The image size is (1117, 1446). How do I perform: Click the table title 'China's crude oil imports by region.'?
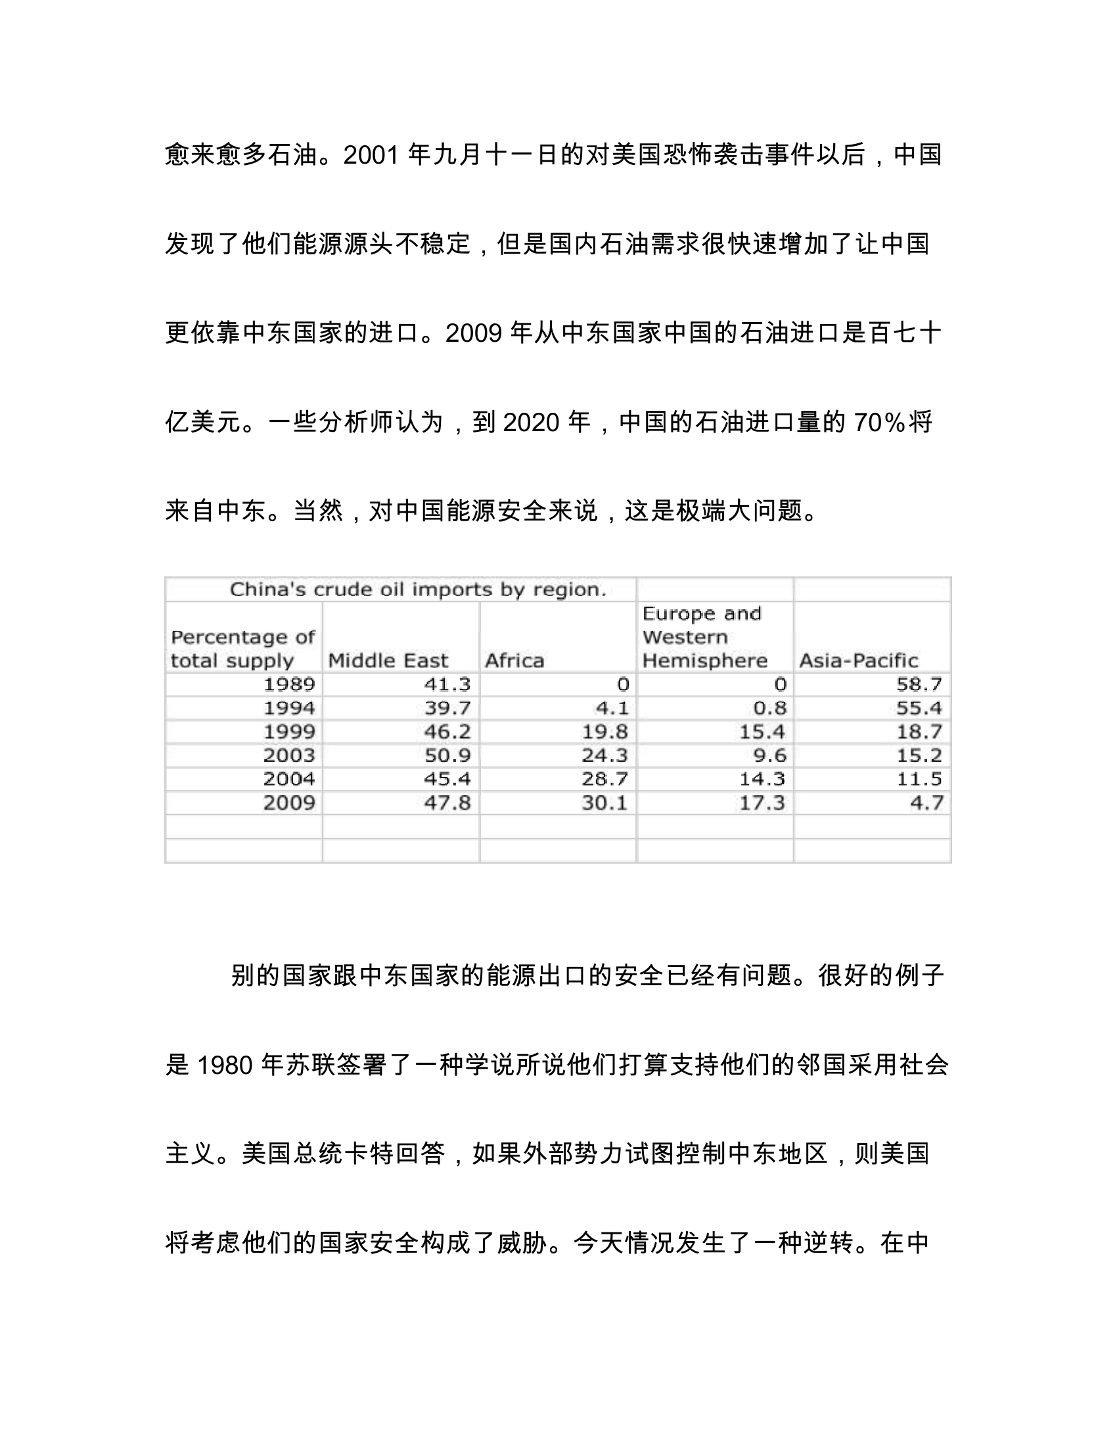(417, 590)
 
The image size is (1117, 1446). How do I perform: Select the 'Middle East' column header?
(388, 660)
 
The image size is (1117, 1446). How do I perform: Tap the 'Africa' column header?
(514, 660)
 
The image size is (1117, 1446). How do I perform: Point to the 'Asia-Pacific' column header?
(858, 660)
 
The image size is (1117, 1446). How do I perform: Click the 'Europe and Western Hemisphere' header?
(705, 637)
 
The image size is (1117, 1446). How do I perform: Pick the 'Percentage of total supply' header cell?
(242, 649)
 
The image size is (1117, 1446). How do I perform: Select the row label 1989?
(289, 684)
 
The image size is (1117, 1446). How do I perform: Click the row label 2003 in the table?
(289, 755)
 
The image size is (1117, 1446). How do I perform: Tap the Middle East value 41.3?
(447, 684)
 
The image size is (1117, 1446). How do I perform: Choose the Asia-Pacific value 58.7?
(919, 684)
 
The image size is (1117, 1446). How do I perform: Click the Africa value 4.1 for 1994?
(612, 708)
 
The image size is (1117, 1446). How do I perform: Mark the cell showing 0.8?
(770, 708)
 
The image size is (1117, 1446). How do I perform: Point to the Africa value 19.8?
(604, 732)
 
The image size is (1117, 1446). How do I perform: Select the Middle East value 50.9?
(447, 755)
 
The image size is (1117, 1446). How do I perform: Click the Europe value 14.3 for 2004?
(762, 779)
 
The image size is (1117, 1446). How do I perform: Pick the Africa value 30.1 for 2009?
(604, 803)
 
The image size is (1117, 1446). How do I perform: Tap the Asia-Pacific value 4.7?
(926, 803)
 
